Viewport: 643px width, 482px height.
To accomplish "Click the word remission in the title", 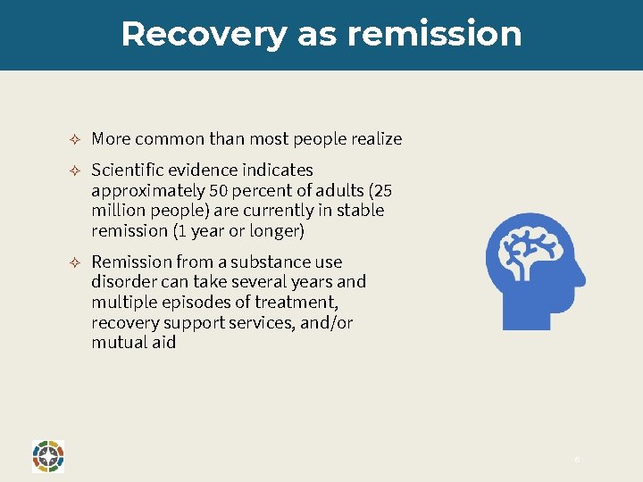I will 435,34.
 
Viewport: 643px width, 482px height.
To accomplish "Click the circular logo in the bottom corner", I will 47,455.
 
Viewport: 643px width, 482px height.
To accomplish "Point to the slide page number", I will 577,459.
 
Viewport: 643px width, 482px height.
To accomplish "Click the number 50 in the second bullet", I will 219,190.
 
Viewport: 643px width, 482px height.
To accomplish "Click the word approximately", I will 148,190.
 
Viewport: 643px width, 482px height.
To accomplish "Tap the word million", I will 117,211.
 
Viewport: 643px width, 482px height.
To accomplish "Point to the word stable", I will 360,211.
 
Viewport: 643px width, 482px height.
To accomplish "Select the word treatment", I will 296,303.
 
